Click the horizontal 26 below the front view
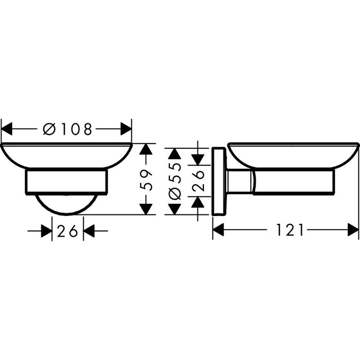coord(68,231)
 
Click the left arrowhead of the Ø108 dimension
coord(7,129)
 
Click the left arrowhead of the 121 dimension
coord(219,230)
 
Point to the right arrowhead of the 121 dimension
coord(353,230)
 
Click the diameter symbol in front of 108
coord(47,129)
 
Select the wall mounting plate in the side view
coord(218,181)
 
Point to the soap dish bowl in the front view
coord(67,156)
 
